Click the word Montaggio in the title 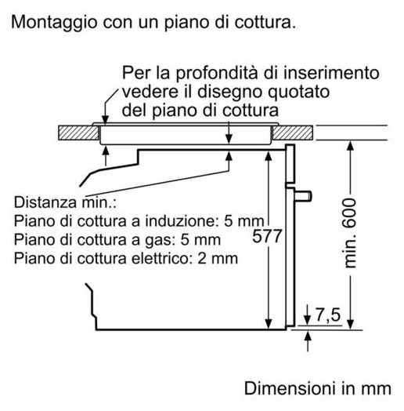coord(54,23)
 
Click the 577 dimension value coord(267,236)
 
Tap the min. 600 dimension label coord(349,233)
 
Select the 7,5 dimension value coord(328,315)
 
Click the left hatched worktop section coord(78,133)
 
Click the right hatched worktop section coord(293,133)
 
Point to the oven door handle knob coord(303,195)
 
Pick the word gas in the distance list coord(160,241)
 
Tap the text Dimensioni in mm coord(318,388)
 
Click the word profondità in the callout coord(217,74)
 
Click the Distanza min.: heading coord(65,202)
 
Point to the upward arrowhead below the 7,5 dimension coord(308,336)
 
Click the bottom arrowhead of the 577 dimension coord(269,324)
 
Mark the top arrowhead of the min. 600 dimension coord(350,146)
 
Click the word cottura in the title coord(265,23)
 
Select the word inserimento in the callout coord(331,73)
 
